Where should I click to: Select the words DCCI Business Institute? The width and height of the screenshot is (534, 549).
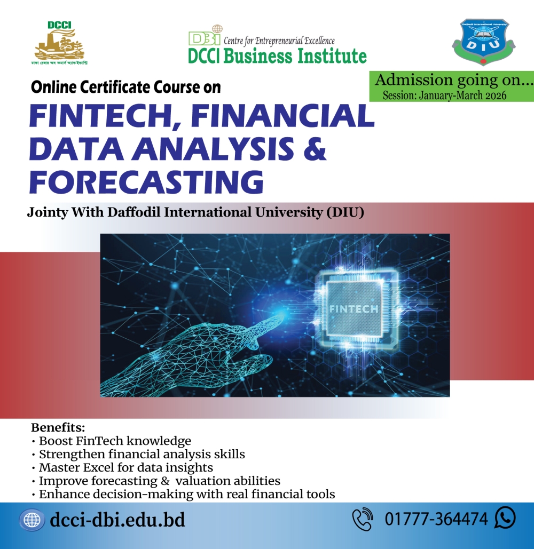(x=277, y=55)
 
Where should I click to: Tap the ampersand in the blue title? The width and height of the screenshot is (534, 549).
(x=312, y=148)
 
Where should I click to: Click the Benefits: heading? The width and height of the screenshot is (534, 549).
(x=58, y=427)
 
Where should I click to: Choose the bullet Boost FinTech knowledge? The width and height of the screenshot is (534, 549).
(x=114, y=441)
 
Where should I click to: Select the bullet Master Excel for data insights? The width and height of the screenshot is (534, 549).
(x=125, y=468)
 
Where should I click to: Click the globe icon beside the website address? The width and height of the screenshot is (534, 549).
(x=32, y=519)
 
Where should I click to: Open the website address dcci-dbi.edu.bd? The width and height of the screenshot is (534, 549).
(x=117, y=520)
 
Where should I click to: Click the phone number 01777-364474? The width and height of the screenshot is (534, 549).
(x=436, y=519)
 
